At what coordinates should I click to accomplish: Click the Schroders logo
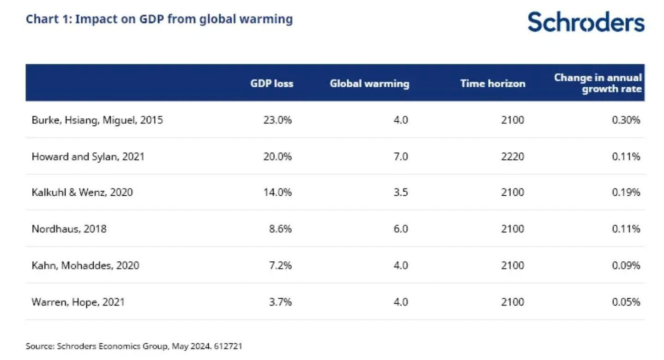point(586,22)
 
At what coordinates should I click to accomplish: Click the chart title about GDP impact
point(159,19)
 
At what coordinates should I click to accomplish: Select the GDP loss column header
point(272,84)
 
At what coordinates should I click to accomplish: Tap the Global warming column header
point(369,84)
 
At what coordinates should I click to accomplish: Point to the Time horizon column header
point(493,84)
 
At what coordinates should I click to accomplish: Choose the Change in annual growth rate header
point(598,83)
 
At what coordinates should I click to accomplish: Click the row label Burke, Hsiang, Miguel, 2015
point(97,120)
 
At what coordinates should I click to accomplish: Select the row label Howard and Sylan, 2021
point(88,156)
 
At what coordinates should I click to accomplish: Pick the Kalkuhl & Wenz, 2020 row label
point(82,192)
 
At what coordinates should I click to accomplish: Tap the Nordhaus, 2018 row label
point(69,229)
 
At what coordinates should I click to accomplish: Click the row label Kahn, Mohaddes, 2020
point(85,265)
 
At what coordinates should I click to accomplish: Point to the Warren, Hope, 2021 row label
point(78,302)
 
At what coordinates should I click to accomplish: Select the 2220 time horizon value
point(513,156)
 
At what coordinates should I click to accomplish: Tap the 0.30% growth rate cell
point(626,120)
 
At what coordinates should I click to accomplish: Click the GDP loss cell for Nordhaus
point(280,229)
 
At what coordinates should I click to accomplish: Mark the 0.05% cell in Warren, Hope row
point(626,302)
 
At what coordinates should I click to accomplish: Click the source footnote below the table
point(133,346)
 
